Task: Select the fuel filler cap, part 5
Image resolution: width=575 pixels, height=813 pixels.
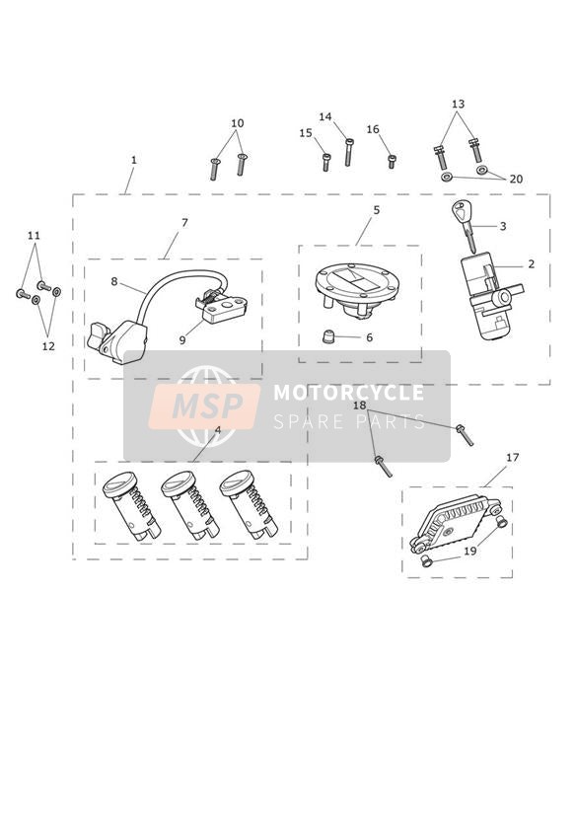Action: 357,288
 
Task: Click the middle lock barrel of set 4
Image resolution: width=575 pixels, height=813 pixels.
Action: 189,504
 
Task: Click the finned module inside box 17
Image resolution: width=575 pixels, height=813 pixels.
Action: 455,522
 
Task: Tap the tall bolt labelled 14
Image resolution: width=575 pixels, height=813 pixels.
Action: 349,152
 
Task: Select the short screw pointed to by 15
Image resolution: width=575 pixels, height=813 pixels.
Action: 326,162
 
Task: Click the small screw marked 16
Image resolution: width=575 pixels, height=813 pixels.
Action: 392,162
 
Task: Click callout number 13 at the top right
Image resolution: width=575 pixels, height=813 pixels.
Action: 458,105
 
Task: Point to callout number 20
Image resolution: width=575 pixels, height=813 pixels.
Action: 516,179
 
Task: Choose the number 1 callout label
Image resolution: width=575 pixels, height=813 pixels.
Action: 134,160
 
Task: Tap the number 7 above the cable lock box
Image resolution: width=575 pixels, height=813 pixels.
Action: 184,222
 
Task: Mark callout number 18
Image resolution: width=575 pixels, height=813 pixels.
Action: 359,405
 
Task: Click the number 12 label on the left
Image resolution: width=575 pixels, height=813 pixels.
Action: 48,346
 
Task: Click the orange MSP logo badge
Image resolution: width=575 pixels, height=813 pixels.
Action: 204,406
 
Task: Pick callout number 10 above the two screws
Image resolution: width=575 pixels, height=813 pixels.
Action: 237,123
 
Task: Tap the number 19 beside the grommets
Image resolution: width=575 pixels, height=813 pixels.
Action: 469,551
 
